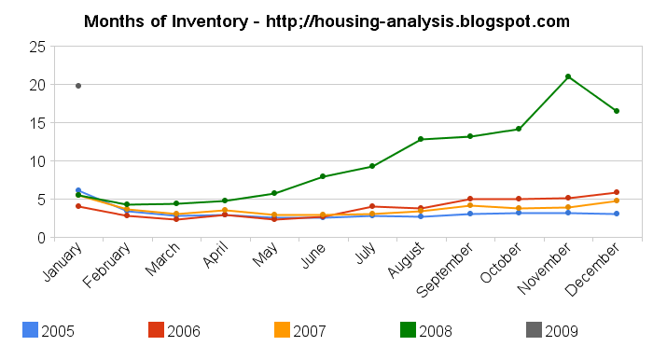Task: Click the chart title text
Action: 326,21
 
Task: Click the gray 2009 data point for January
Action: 78,86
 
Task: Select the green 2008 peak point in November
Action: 567,76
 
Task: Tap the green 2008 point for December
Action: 616,111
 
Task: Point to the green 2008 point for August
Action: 421,139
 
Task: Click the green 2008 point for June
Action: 323,176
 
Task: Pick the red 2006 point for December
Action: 616,192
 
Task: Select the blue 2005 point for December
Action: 616,214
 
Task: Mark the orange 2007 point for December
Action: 616,201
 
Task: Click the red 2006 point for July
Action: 371,206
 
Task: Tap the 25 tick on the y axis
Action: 38,47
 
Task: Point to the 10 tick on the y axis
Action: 38,161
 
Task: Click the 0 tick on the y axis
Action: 42,238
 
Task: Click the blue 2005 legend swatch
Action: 29,329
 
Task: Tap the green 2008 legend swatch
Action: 408,329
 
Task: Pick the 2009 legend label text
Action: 563,330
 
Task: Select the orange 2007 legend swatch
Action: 282,329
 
